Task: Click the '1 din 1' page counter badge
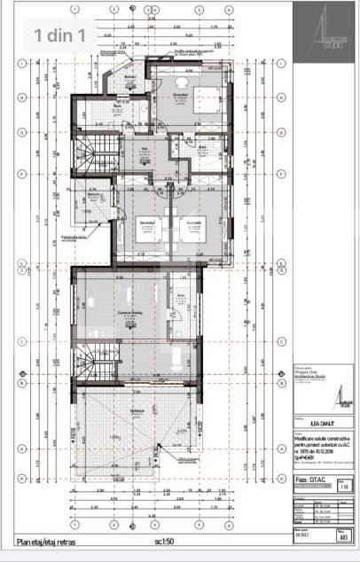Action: [x=61, y=35]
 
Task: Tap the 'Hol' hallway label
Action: [x=144, y=149]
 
